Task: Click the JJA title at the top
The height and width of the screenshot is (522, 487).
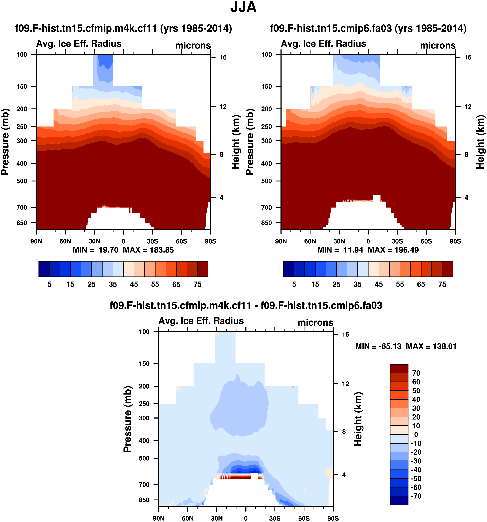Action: pos(243,7)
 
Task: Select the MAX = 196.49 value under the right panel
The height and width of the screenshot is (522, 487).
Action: pos(393,250)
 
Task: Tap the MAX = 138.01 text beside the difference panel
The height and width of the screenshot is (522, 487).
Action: pos(431,346)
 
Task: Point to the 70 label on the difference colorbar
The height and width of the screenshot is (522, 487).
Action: pos(416,373)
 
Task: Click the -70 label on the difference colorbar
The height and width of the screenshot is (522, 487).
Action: pos(416,496)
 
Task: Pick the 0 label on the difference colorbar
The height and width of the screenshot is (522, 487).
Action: pos(416,435)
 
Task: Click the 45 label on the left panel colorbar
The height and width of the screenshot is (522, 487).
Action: pos(134,284)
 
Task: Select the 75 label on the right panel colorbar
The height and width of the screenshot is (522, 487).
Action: pos(442,284)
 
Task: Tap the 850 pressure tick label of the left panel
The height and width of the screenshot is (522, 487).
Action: pos(22,223)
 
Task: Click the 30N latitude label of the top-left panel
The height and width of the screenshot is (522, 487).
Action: pos(94,241)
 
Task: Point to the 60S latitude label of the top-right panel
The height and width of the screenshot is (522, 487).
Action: pos(426,241)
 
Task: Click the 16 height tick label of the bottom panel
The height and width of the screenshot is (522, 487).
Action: pos(345,335)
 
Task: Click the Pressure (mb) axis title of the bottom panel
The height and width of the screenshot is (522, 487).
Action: pos(127,419)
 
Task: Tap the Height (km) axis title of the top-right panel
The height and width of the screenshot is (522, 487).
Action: pos(481,142)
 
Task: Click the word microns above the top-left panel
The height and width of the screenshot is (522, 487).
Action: pos(193,45)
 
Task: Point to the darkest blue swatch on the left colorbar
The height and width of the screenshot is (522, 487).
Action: pos(44,269)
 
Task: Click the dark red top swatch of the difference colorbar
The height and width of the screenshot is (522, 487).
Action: pos(399,369)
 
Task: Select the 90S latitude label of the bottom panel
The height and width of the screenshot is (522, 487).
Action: pos(333,518)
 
